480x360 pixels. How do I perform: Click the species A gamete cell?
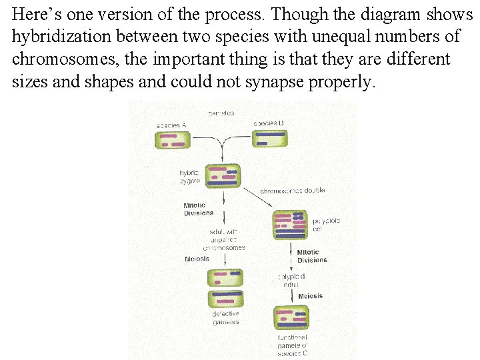(x=173, y=140)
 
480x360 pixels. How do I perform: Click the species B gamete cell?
(x=271, y=138)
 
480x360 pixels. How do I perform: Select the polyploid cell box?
(x=291, y=225)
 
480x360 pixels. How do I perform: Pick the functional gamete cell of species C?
(x=291, y=317)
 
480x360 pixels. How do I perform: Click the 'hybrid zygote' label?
(x=189, y=176)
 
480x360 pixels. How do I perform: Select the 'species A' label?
(x=171, y=125)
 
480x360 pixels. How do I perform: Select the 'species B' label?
(x=269, y=123)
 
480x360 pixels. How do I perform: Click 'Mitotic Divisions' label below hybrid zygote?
(x=199, y=209)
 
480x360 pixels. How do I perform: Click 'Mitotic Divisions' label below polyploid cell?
(x=312, y=257)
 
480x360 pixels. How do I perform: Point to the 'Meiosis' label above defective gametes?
(x=197, y=259)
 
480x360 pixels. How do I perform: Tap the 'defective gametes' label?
(x=225, y=317)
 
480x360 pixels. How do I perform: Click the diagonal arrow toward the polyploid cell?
(x=257, y=198)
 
